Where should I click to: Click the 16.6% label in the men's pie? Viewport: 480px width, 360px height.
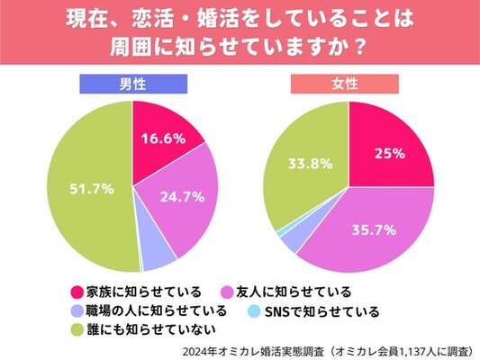tap(164, 139)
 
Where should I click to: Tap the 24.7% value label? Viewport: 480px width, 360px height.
tap(183, 197)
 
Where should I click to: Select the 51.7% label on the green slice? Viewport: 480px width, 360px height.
tap(92, 189)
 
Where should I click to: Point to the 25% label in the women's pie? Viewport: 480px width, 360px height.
tap(390, 154)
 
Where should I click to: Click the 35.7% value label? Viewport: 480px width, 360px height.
tap(374, 230)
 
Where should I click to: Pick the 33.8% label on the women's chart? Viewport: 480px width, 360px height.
tap(310, 164)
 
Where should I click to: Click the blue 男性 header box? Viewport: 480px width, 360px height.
tap(133, 84)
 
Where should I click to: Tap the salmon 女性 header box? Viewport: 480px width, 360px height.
tap(345, 84)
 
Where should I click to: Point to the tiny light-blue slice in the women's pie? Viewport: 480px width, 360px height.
tap(279, 234)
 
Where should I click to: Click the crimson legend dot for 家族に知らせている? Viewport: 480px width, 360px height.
tap(77, 292)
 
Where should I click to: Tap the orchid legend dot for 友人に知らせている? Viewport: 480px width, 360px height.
tap(227, 292)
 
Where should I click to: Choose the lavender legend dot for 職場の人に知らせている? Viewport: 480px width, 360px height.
tap(77, 311)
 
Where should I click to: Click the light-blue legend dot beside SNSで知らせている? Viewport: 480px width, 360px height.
tap(254, 311)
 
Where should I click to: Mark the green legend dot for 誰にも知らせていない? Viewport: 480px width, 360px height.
tap(77, 330)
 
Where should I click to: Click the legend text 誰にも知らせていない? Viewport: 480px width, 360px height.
tap(151, 329)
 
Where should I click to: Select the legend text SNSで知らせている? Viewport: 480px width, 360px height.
tap(322, 311)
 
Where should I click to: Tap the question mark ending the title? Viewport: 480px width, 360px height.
tap(361, 47)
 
